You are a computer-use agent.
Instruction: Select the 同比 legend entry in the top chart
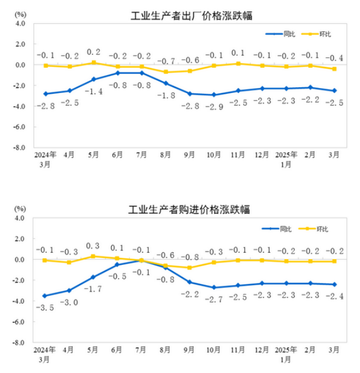point(281,34)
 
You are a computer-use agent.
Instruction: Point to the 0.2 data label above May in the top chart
point(94,51)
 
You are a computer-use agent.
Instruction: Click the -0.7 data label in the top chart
point(166,61)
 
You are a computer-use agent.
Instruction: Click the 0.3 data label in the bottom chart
point(94,246)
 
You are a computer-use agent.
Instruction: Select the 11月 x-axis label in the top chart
point(238,156)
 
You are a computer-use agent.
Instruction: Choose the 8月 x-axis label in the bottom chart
point(166,350)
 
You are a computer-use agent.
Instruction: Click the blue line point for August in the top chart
point(166,83)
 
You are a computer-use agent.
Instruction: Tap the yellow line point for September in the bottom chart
point(190,268)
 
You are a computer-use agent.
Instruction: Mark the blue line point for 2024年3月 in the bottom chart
point(45,296)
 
